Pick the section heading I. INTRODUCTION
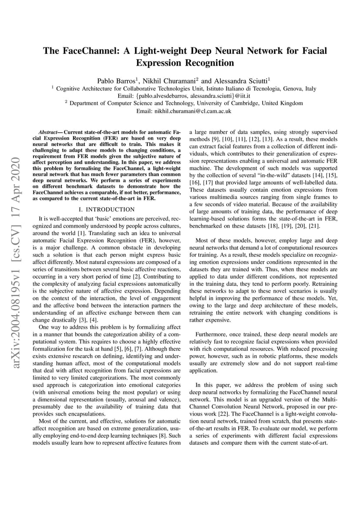coord(108,209)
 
